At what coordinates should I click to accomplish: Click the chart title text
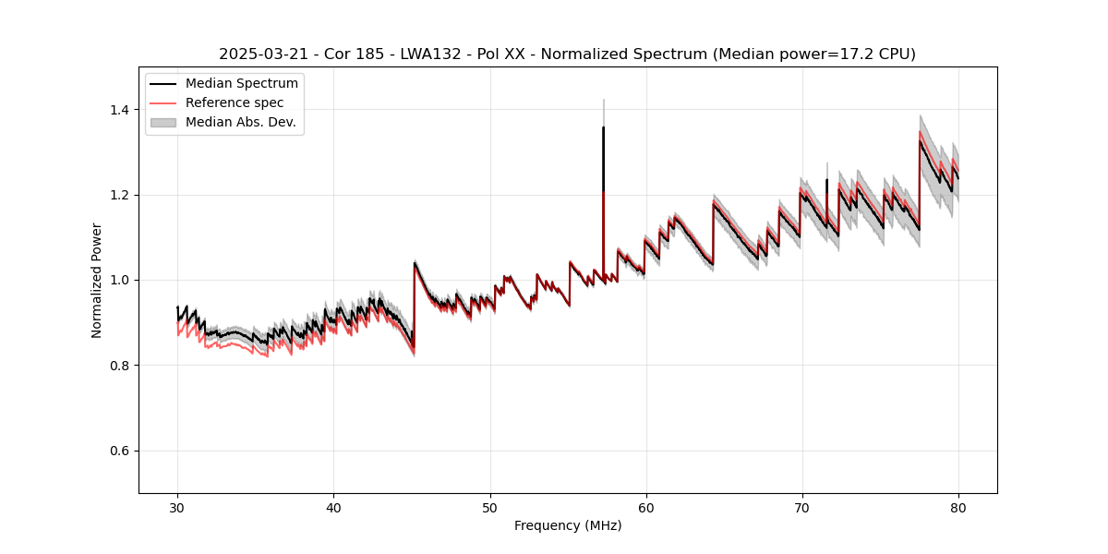(567, 54)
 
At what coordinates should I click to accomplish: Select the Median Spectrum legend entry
(242, 84)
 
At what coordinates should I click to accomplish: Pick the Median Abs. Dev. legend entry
(241, 122)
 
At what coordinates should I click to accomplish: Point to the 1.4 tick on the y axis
(118, 110)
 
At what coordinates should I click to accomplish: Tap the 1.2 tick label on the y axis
(118, 195)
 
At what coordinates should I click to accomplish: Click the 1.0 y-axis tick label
(118, 280)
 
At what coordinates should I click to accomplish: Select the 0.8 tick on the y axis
(118, 366)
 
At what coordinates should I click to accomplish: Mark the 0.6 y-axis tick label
(118, 451)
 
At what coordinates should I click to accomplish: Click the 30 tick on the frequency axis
(177, 507)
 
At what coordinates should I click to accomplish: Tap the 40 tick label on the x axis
(333, 507)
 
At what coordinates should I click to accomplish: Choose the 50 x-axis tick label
(490, 507)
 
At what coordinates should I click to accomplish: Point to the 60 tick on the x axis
(646, 507)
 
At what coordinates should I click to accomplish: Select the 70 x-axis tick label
(802, 507)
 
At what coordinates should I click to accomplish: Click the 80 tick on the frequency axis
(958, 507)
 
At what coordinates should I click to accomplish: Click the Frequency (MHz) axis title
(568, 525)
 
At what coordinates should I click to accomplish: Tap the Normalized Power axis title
(97, 280)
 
